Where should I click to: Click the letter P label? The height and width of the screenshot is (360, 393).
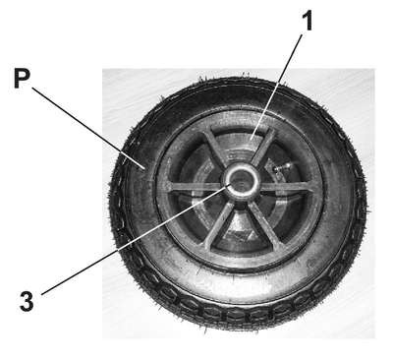click(23, 78)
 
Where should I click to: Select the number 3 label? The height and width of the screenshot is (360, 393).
click(27, 301)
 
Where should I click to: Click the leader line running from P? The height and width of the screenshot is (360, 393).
click(88, 128)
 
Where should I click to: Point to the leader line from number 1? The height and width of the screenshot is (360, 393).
click(277, 87)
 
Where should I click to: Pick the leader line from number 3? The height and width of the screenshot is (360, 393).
click(135, 240)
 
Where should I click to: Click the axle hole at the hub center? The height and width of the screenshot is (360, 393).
click(241, 183)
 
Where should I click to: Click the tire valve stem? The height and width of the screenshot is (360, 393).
click(281, 167)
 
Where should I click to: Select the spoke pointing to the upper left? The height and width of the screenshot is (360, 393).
click(214, 149)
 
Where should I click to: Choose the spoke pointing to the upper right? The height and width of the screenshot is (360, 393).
click(263, 147)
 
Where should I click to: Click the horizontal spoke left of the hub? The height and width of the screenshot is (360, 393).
click(196, 187)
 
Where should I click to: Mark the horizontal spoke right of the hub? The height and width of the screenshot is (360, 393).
click(286, 187)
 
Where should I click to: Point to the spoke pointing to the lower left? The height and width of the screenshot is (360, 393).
click(219, 223)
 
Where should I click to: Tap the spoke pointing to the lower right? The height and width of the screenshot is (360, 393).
click(264, 223)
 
